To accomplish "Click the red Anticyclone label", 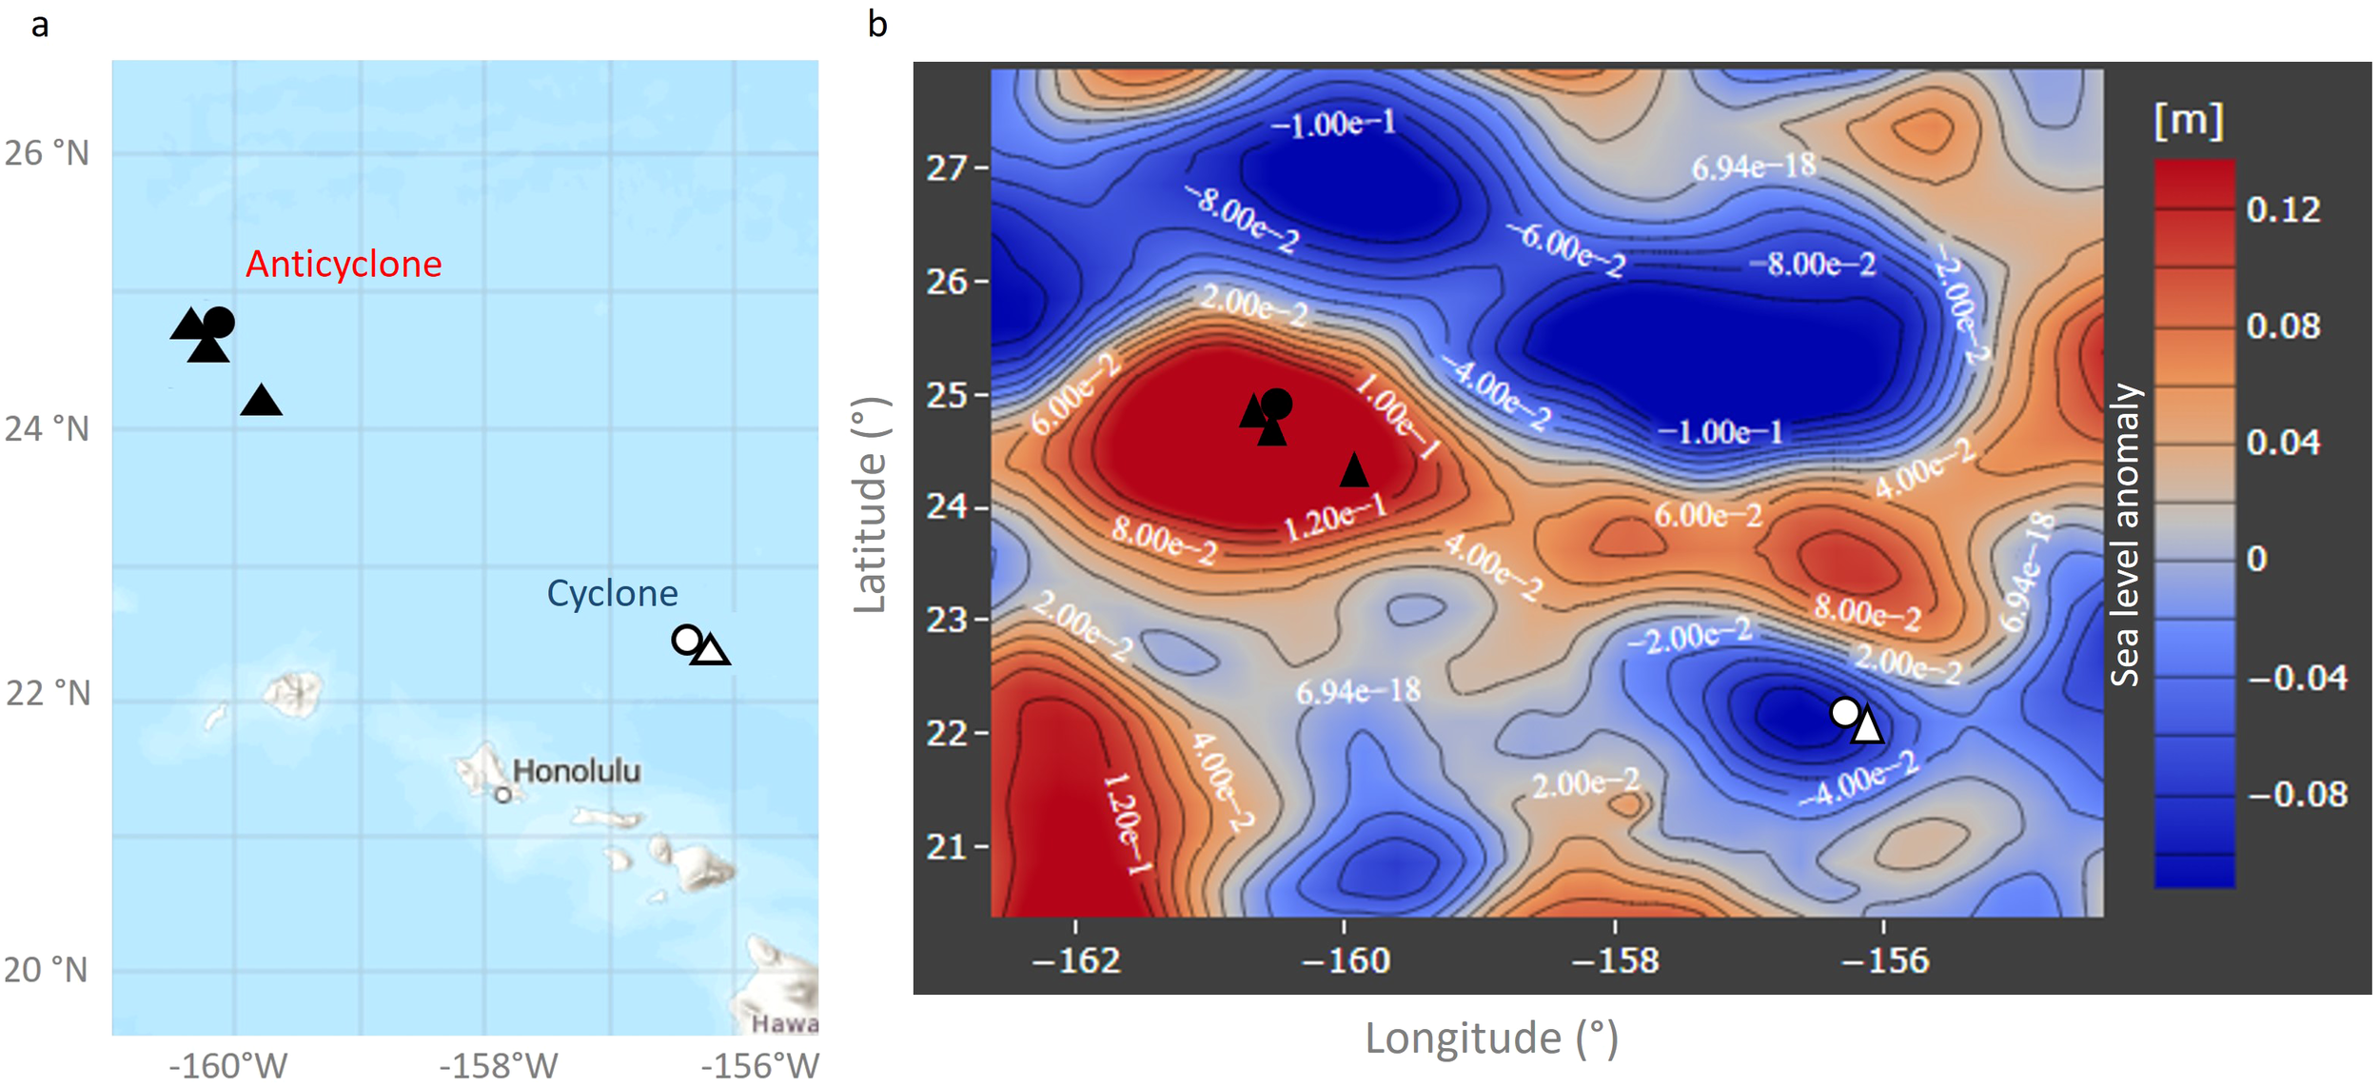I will click(344, 265).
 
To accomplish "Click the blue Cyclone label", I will click(612, 594).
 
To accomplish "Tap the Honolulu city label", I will click(576, 771).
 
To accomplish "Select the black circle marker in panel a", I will click(219, 323).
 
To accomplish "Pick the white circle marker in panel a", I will click(686, 640).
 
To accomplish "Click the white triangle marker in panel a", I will click(711, 651).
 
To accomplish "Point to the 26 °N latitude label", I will click(47, 153).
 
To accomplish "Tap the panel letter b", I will click(877, 24).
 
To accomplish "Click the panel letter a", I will click(39, 24).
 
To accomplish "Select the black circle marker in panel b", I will click(1276, 405).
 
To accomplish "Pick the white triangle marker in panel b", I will click(1867, 726).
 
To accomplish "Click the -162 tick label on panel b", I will click(1076, 960).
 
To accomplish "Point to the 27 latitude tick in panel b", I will click(947, 168).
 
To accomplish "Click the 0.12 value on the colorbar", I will click(2283, 210).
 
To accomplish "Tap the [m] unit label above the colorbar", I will click(2189, 122).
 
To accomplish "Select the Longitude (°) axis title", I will click(1491, 1038).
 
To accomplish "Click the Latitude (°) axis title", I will click(870, 505).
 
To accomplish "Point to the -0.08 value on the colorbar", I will click(2297, 795).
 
